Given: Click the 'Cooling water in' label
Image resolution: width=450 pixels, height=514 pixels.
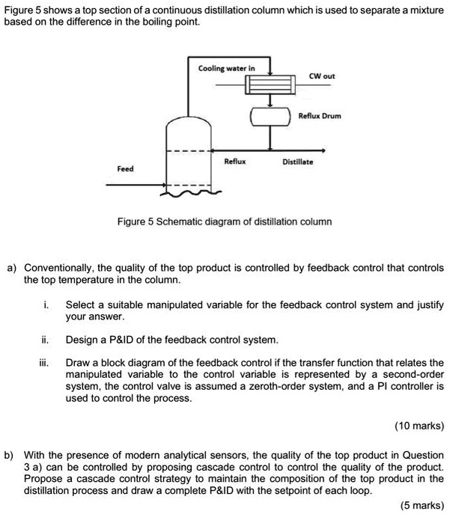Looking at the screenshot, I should [x=226, y=68].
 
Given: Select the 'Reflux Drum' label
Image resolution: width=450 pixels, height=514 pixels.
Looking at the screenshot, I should [x=320, y=117].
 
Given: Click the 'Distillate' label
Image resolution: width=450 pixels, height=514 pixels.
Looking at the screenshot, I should [x=298, y=162].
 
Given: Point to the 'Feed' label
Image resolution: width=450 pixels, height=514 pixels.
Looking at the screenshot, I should [x=125, y=169].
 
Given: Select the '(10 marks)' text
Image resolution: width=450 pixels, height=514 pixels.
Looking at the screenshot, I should [x=419, y=426].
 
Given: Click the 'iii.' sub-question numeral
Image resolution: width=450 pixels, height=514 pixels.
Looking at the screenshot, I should [x=46, y=362].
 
